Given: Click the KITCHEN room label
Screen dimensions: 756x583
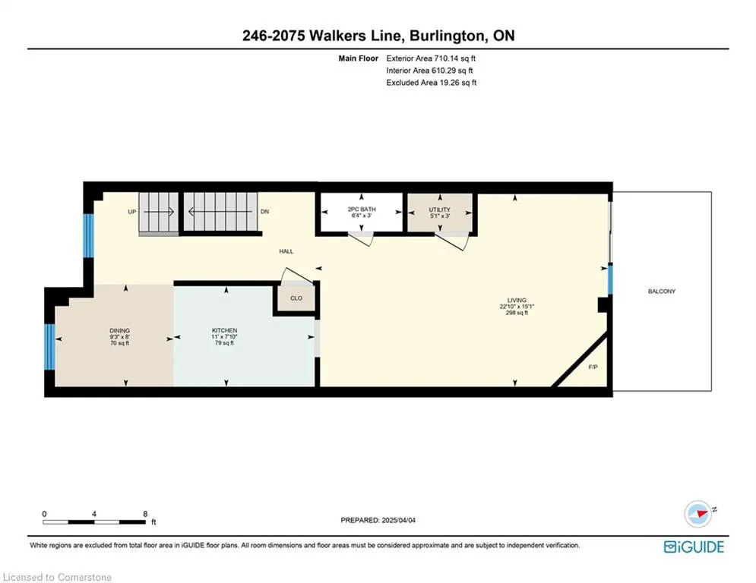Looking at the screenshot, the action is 224,330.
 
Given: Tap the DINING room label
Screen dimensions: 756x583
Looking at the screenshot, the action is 119,330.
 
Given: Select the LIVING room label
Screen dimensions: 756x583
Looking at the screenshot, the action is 517,300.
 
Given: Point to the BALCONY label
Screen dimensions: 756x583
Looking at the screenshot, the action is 662,291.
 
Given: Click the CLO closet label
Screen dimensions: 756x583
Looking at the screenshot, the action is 296,298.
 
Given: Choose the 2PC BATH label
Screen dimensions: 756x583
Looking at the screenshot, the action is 362,209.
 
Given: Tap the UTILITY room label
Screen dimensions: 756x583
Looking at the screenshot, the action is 440,210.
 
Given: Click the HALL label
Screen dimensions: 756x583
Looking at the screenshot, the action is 286,251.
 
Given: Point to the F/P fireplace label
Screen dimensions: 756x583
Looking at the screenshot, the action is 593,367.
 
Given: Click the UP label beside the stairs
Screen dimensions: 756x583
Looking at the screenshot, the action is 131,212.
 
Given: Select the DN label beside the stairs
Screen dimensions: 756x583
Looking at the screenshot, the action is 264,212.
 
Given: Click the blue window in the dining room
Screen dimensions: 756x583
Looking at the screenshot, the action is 49,347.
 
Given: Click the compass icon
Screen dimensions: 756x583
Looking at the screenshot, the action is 698,514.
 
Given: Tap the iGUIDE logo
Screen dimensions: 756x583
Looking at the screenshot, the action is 694,547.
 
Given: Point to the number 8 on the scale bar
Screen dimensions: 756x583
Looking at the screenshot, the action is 145,514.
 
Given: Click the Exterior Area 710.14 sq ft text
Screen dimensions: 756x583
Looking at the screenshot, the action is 431,58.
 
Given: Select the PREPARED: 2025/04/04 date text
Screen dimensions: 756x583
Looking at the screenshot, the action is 378,520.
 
